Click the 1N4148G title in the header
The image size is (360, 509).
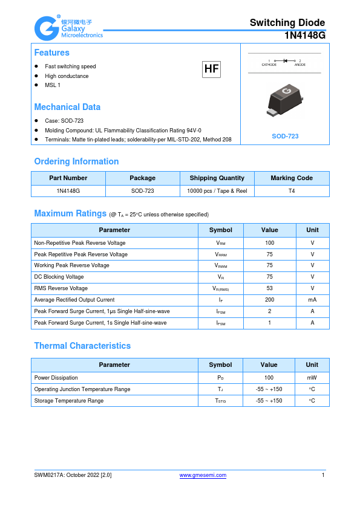click(x=305, y=36)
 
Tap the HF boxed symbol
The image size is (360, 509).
click(x=211, y=70)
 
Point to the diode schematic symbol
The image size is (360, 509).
click(x=284, y=61)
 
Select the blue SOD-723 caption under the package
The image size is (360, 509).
click(x=285, y=137)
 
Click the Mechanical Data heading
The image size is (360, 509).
click(x=67, y=107)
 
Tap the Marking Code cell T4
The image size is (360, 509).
click(x=292, y=190)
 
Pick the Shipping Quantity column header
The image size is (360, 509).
click(x=217, y=178)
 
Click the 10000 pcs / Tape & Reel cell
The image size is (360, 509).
click(x=217, y=190)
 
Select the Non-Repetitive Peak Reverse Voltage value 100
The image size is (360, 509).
click(x=269, y=242)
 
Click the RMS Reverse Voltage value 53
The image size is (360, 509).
click(x=269, y=288)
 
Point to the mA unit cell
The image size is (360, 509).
click(x=312, y=300)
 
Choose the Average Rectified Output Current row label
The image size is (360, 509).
click(x=74, y=300)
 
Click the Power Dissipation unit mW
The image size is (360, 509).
click(x=312, y=378)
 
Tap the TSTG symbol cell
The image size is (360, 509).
click(x=221, y=401)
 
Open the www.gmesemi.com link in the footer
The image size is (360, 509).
click(x=203, y=475)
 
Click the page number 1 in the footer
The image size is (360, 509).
click(x=323, y=475)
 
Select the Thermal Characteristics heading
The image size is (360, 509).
click(x=82, y=346)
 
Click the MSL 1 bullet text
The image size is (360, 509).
click(x=53, y=85)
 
